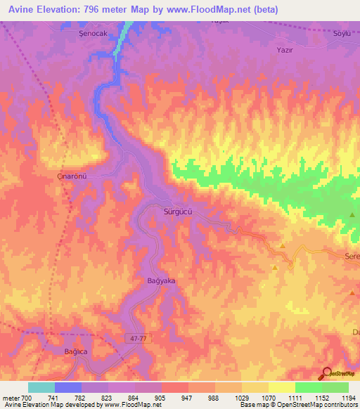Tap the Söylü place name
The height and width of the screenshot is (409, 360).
(x=342, y=33)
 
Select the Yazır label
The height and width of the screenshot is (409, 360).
(x=285, y=51)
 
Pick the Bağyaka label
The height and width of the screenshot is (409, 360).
(x=160, y=280)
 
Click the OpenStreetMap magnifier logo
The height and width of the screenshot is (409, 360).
(x=326, y=373)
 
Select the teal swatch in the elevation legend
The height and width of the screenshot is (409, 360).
(x=41, y=387)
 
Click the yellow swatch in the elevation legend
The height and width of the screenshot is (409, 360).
(x=281, y=387)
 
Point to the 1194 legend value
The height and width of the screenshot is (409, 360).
(x=349, y=398)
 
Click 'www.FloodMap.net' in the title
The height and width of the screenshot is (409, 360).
(x=210, y=10)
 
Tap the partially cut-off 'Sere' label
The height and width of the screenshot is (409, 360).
(x=352, y=258)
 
